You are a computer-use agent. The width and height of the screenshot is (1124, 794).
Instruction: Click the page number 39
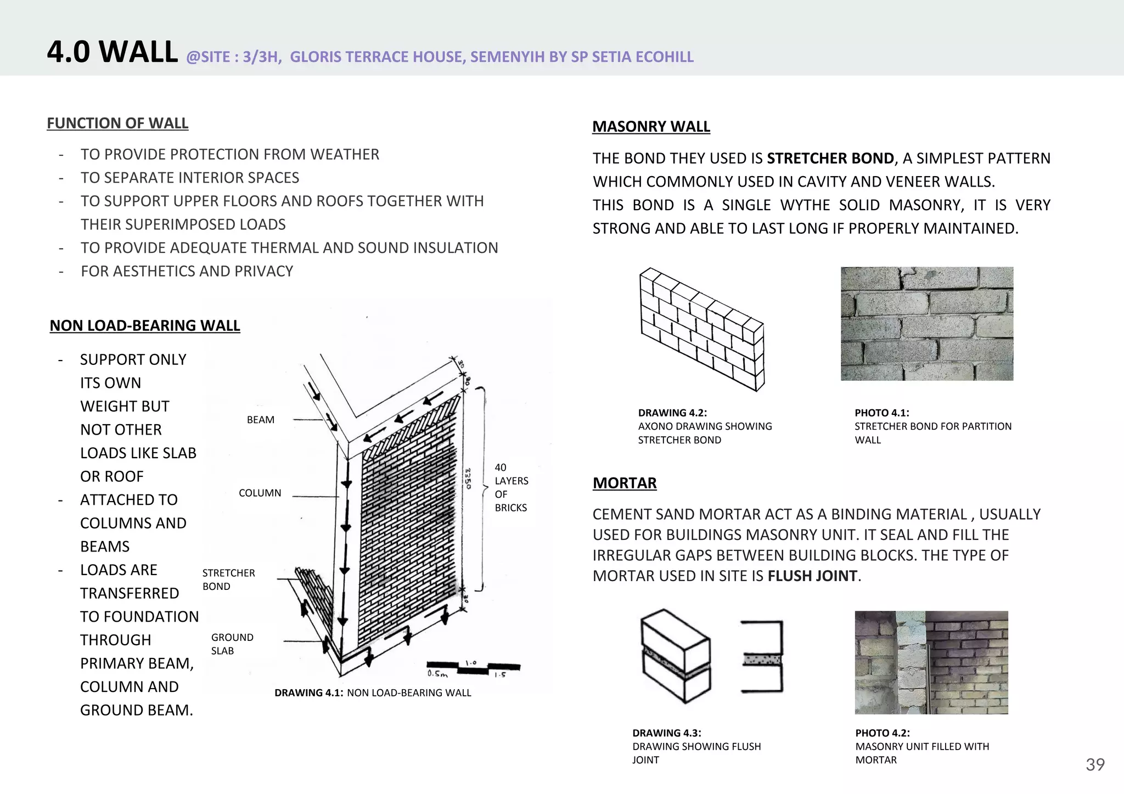1095,765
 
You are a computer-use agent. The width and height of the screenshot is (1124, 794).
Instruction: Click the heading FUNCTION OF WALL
117,123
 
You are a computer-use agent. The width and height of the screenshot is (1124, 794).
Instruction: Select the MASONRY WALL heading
651,127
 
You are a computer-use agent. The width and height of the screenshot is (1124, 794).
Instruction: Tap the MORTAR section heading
625,483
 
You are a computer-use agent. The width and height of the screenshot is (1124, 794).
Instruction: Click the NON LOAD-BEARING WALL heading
145,326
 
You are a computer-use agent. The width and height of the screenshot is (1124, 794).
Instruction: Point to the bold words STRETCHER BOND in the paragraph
830,159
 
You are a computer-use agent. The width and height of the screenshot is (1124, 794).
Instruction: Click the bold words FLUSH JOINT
812,576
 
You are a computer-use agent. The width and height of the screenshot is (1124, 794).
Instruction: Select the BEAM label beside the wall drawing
261,420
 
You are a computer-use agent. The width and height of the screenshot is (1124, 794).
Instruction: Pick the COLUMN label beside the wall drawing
260,493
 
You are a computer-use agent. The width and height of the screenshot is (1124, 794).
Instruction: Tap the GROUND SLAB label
232,644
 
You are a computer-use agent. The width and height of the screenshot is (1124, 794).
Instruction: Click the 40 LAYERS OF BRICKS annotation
510,487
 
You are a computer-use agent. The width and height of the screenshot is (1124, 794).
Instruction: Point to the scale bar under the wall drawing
473,668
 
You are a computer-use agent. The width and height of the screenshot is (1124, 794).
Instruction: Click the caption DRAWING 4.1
308,693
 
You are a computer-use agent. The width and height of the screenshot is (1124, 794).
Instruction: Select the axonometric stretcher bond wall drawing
702,329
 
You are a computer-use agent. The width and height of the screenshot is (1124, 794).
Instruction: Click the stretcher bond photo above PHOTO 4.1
926,324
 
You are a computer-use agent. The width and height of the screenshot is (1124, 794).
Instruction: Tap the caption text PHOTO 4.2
882,733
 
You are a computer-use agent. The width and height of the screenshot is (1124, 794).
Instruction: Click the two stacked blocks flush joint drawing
676,656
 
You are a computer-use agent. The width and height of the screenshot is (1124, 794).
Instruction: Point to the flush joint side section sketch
762,657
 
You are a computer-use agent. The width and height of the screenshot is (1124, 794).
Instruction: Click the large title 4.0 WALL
113,52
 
